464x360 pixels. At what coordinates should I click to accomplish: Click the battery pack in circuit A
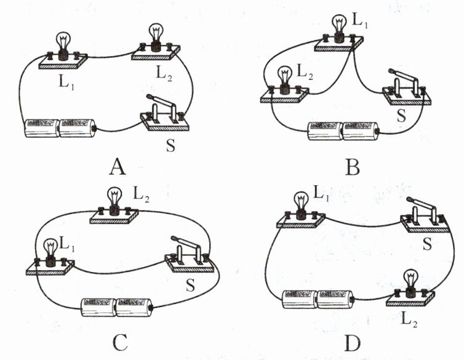pyautogui.click(x=60, y=128)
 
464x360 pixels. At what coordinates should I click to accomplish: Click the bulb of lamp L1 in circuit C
pyautogui.click(x=51, y=248)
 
